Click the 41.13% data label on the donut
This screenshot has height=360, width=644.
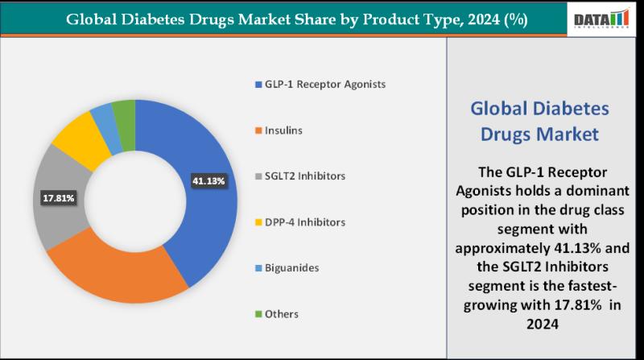click(209, 181)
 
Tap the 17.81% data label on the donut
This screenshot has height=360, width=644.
click(58, 196)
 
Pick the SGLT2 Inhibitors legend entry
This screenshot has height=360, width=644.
click(299, 176)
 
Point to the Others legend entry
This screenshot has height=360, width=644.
click(281, 313)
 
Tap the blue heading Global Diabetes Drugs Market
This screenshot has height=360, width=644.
click(539, 121)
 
